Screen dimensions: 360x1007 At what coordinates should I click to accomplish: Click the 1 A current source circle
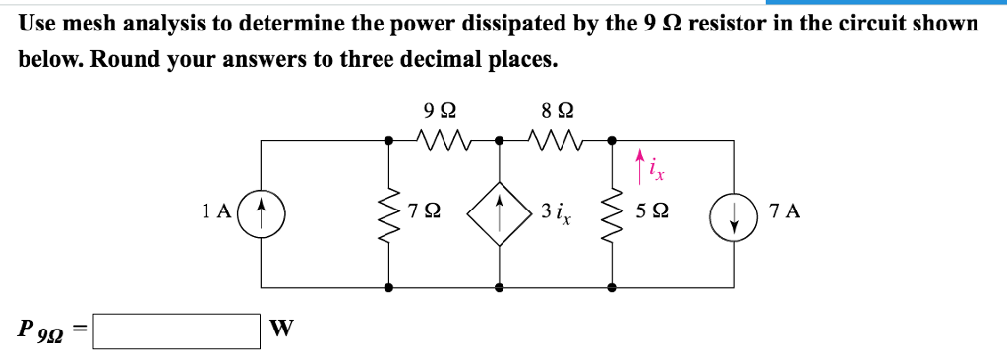tap(261, 211)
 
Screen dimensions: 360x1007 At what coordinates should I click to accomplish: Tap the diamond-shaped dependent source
tap(500, 211)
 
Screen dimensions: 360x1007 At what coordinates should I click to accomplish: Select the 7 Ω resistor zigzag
tap(390, 211)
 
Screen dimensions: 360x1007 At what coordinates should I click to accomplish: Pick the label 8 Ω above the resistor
tap(558, 111)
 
